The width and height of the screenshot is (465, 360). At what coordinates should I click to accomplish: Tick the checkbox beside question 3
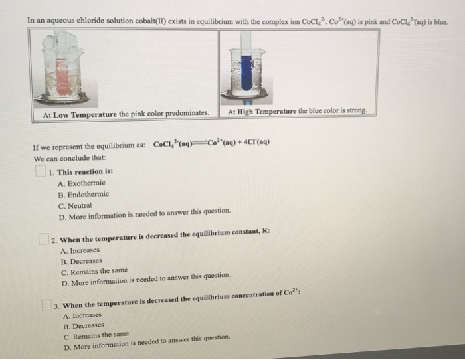47,305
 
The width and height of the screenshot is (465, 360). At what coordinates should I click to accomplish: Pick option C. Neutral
74,206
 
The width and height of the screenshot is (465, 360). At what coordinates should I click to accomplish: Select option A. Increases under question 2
80,251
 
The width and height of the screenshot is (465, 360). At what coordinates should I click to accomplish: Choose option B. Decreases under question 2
81,262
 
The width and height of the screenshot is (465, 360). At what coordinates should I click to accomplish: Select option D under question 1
144,217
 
